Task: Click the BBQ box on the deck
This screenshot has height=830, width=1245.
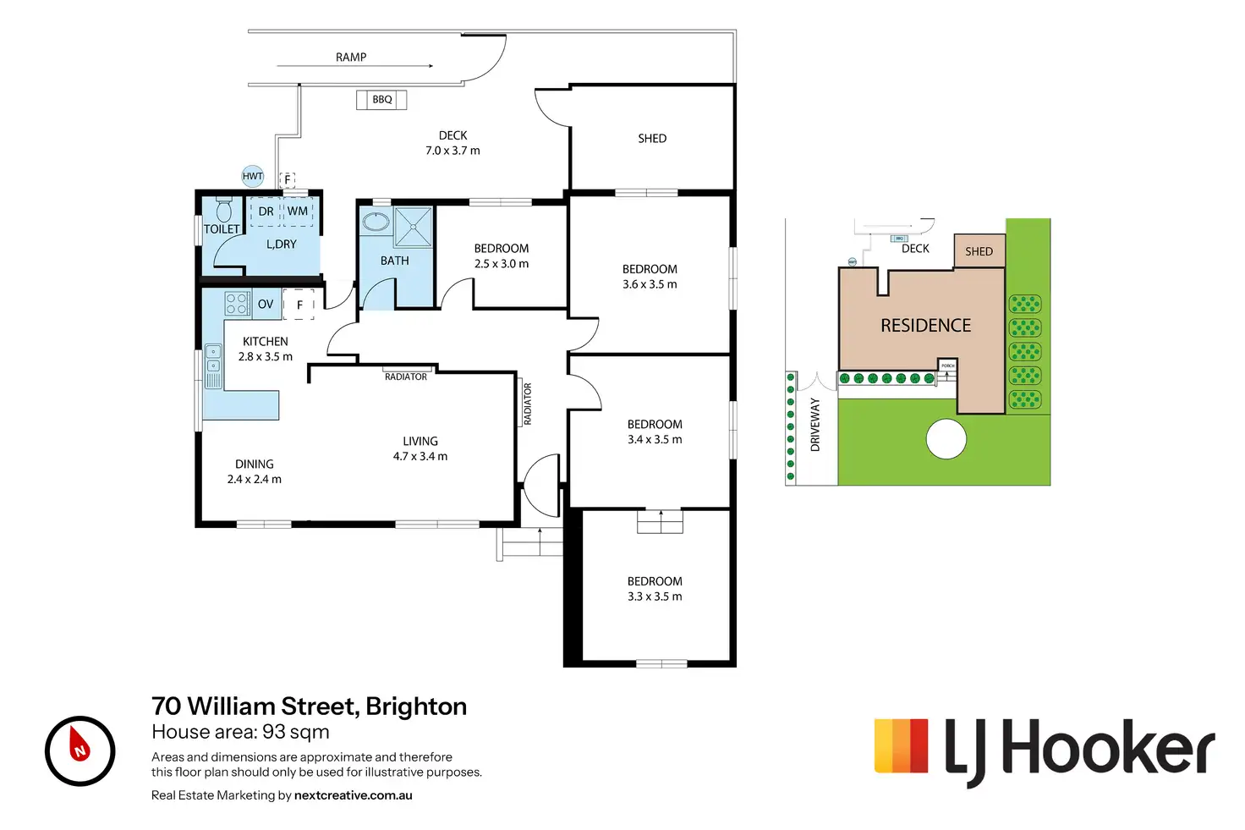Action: tap(381, 100)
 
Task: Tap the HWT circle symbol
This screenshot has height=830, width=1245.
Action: tap(253, 176)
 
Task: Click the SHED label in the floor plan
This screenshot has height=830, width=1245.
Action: tap(652, 139)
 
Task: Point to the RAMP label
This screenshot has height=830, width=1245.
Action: tap(351, 58)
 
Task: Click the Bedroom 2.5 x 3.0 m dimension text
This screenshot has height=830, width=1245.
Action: tap(502, 264)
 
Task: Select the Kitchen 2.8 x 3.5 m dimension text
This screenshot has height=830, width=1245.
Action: tap(266, 357)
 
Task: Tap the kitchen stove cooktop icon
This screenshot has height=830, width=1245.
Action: tap(237, 304)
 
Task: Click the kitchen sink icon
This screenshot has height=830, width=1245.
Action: tap(214, 359)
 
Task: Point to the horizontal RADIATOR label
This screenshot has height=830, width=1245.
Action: tap(406, 377)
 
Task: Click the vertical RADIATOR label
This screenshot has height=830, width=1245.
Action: tap(528, 404)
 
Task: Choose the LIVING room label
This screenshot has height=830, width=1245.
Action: tap(420, 441)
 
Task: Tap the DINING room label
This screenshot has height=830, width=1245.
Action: tap(255, 464)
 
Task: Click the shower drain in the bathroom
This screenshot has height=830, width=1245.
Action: tap(414, 226)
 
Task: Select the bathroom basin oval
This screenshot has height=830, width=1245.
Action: tap(376, 223)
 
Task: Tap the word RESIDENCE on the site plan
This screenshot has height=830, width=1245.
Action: tap(925, 326)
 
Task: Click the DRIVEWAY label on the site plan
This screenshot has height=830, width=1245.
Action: tap(815, 425)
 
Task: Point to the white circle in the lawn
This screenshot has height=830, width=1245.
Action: tap(946, 439)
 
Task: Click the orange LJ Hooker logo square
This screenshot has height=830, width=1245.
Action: tap(902, 745)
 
